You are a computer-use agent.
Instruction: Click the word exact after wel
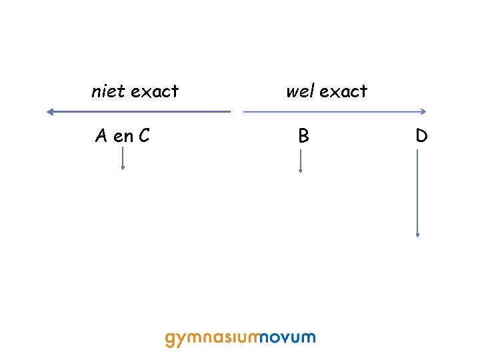click(343, 91)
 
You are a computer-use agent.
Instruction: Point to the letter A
click(101, 136)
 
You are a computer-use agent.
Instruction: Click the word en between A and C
click(123, 137)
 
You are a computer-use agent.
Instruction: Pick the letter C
click(143, 136)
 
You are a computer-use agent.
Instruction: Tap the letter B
click(303, 136)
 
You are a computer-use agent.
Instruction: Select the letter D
click(421, 136)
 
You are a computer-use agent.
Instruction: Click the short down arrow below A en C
click(123, 159)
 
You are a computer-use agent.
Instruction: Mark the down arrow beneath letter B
click(301, 161)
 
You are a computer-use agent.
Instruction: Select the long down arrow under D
click(417, 193)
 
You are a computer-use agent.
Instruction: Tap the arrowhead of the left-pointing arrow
click(49, 112)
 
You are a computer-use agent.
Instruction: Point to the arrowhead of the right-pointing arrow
click(423, 112)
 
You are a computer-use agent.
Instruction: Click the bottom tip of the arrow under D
click(417, 235)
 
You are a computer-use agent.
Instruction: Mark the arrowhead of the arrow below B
click(301, 171)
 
